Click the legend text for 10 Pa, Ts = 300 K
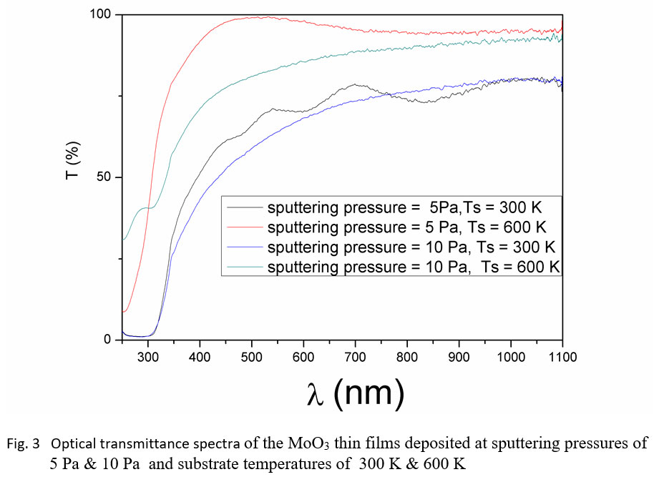pyautogui.click(x=411, y=247)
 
